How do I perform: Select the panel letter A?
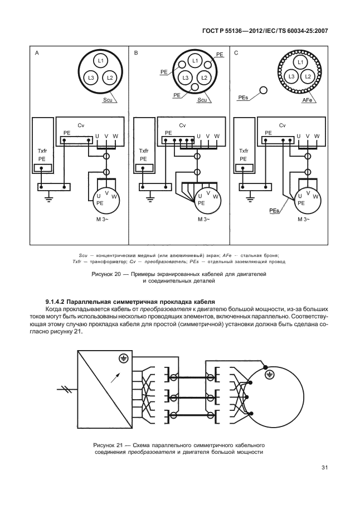(x=37, y=54)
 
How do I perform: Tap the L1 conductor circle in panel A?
(x=101, y=61)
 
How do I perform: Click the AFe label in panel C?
(x=307, y=100)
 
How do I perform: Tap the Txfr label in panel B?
(x=143, y=151)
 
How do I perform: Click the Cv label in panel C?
(x=282, y=125)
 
